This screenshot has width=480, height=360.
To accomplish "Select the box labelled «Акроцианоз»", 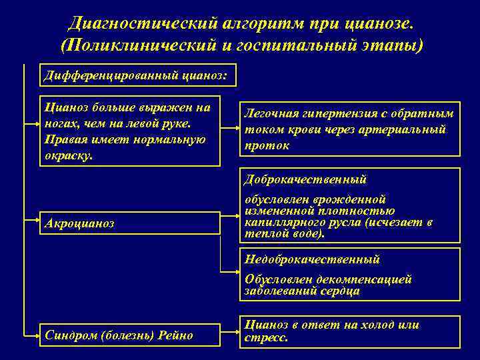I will (129, 223).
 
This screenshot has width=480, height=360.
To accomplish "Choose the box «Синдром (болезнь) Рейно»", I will (129, 335).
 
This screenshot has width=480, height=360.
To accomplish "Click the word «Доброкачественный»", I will (305, 179).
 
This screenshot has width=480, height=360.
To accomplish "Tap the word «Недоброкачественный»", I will (312, 259).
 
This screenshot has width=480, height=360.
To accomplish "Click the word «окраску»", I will (66, 155).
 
